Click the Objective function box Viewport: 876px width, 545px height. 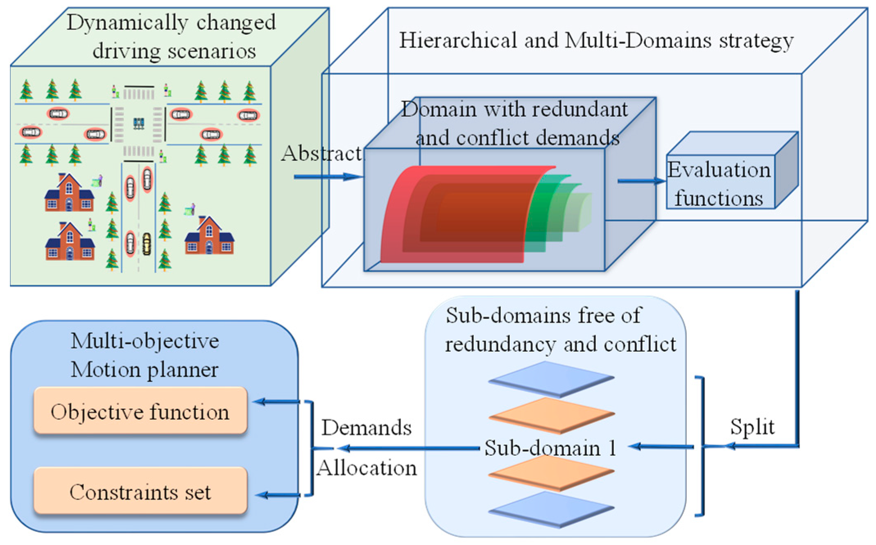coord(140,411)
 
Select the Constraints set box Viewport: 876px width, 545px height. coord(140,491)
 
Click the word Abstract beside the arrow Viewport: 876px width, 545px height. coord(321,154)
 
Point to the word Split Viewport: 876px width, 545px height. coord(752,427)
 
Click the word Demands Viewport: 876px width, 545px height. coord(366,427)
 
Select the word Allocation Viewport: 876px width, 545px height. coord(366,467)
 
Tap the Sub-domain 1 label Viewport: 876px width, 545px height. coord(550,448)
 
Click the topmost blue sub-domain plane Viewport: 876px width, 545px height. coord(551,379)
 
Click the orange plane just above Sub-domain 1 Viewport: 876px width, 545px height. coord(551,415)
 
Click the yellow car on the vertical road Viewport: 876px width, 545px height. coord(147,244)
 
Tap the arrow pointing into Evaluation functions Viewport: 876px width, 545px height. coord(641,181)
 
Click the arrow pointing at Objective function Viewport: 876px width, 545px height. coord(277,402)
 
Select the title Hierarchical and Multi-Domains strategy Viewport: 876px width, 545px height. coord(596,41)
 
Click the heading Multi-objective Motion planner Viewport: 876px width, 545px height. coord(145,355)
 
